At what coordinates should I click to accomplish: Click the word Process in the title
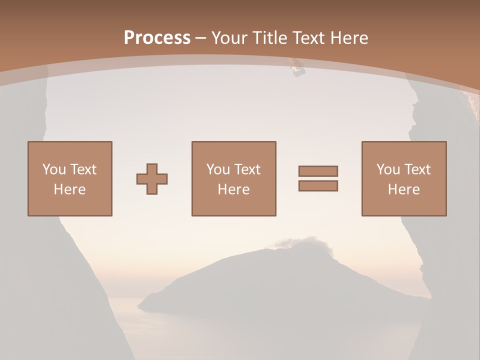[x=157, y=37]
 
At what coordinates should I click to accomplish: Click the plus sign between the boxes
[x=152, y=179]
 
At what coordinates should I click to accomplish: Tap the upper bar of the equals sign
[x=318, y=171]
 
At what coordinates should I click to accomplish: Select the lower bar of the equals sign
[x=318, y=186]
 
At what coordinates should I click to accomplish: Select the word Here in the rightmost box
[x=403, y=189]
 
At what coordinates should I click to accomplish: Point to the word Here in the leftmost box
[x=69, y=189]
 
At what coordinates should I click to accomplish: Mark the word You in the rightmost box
[x=388, y=169]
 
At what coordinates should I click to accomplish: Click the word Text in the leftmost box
[x=83, y=169]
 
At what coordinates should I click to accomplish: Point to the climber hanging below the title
[x=298, y=68]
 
